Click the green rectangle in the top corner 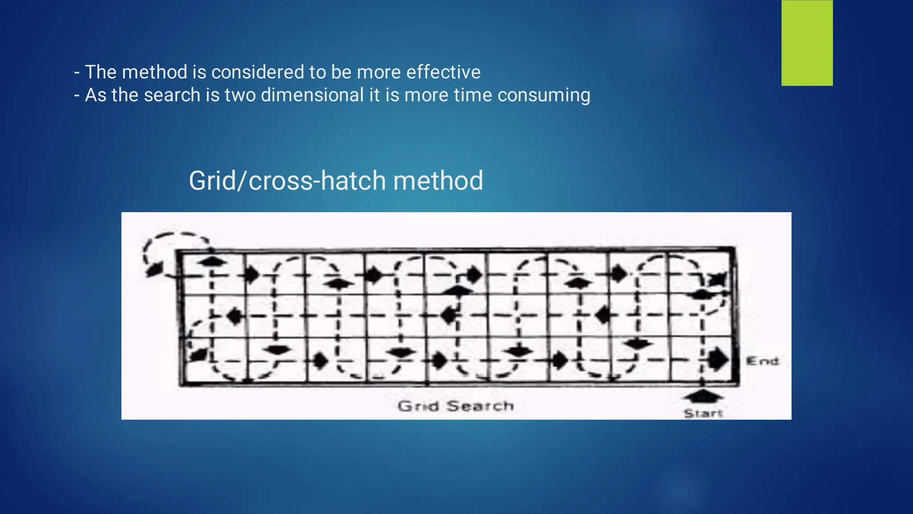[x=807, y=43]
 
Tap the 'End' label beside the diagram [x=763, y=361]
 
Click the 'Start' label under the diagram [x=703, y=414]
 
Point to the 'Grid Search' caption [x=456, y=406]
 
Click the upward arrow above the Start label [x=703, y=396]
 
